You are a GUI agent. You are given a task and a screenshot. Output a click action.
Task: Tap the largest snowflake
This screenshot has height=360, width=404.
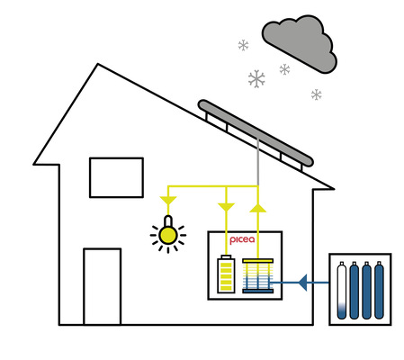[256, 79]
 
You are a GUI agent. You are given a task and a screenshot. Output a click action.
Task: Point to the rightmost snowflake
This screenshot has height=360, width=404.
[316, 94]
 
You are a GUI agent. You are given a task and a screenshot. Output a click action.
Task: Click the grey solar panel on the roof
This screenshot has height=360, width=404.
[256, 132]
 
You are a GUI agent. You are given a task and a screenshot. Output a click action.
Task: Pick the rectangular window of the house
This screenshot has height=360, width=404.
[116, 176]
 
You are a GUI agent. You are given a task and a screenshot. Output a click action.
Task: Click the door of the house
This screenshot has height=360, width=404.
[102, 285]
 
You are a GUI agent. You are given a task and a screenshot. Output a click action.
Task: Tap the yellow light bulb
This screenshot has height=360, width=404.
[166, 236]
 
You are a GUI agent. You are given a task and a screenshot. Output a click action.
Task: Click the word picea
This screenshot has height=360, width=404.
[243, 242]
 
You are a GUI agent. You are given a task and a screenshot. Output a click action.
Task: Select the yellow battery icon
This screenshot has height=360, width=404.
[225, 275]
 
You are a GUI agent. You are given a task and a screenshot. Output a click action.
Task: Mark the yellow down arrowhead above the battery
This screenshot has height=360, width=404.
[225, 207]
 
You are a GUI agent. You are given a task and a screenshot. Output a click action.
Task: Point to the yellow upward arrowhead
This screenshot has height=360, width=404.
[257, 207]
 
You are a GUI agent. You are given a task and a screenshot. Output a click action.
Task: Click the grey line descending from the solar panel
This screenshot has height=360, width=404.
[257, 162]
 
